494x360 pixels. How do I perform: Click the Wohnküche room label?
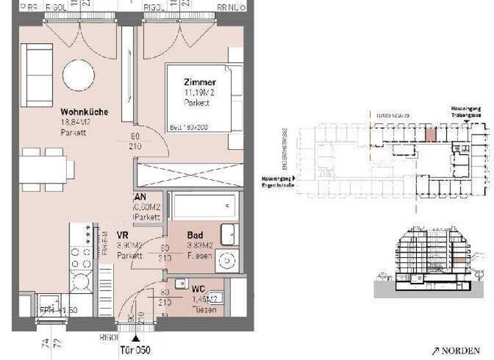tap(84, 112)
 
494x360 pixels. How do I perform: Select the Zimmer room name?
tap(199, 83)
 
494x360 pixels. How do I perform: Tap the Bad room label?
tap(195, 236)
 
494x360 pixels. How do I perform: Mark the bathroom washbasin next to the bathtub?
tap(229, 234)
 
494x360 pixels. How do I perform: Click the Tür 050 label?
tap(135, 350)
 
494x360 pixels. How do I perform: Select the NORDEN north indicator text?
tap(461, 350)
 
